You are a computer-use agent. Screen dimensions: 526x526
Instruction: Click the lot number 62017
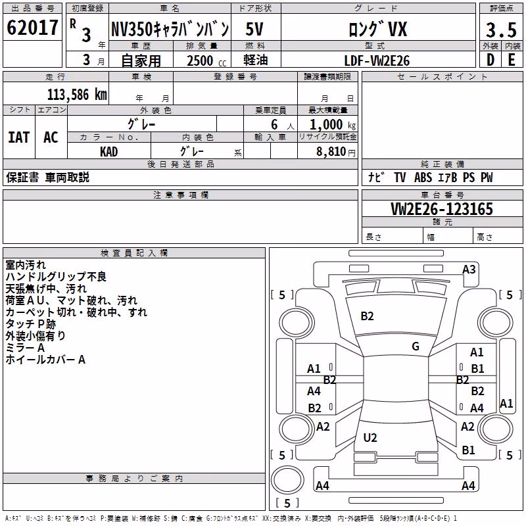click(x=32, y=28)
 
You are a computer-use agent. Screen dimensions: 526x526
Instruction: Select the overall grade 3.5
click(x=501, y=30)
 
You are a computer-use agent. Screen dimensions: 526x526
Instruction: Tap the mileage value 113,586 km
click(x=77, y=95)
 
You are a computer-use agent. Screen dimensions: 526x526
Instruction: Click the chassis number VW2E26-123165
click(x=442, y=209)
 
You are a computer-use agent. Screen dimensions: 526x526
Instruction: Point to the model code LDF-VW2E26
click(x=377, y=60)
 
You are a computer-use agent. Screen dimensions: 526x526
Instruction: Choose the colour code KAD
click(x=108, y=152)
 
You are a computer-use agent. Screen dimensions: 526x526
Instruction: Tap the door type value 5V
click(x=254, y=29)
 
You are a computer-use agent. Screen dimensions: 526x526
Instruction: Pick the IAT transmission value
click(x=19, y=137)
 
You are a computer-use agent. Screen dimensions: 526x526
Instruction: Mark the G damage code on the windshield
click(x=416, y=347)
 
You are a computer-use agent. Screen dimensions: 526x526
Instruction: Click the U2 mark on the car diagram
click(x=370, y=437)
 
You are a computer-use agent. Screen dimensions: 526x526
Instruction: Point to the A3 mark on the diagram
click(x=469, y=270)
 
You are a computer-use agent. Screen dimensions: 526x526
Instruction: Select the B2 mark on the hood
click(x=367, y=316)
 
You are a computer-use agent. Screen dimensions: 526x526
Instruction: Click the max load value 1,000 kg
click(x=333, y=125)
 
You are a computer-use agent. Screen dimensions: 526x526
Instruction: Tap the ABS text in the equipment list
click(x=423, y=178)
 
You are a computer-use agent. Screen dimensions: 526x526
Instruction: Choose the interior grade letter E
click(x=512, y=60)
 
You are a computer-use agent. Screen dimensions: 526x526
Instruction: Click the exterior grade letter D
click(x=490, y=60)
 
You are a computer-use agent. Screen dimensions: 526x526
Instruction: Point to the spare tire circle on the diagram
click(x=287, y=480)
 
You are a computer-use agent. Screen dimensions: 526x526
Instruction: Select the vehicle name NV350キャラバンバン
click(x=170, y=29)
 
